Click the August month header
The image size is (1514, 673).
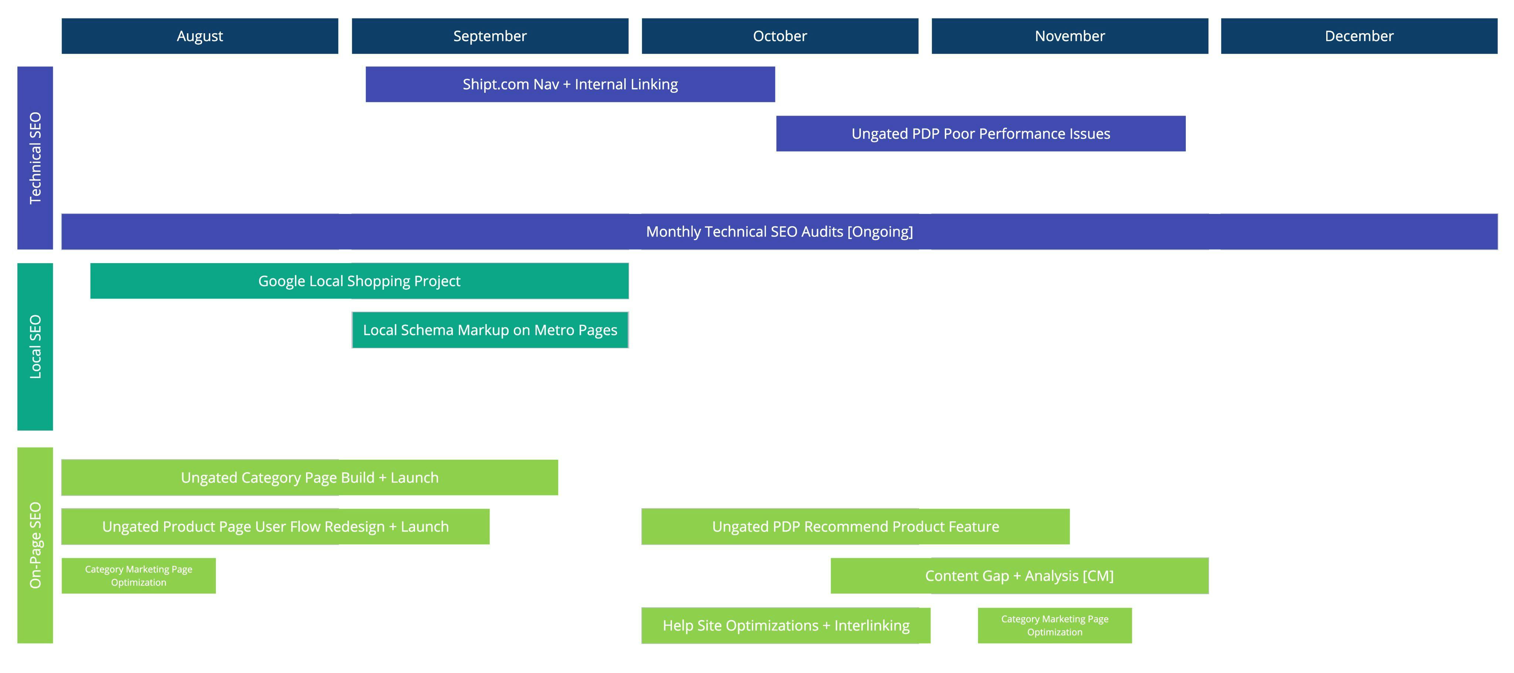coord(200,36)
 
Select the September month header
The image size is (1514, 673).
coord(490,36)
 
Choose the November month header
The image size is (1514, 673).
coord(1070,36)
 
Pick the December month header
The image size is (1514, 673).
coord(1359,36)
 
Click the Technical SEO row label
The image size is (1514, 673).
coord(35,157)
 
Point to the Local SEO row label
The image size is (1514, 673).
coord(35,346)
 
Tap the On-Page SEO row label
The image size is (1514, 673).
coord(35,545)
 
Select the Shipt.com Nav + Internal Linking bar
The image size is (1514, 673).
coord(570,84)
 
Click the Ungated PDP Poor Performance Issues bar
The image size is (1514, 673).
coord(980,133)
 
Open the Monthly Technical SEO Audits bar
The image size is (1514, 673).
coord(779,232)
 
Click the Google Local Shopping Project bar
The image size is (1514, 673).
coord(359,281)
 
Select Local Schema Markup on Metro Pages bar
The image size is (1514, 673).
coord(490,330)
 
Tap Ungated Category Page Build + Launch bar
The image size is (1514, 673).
coord(310,477)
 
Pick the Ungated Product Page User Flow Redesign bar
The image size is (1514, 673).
coord(275,527)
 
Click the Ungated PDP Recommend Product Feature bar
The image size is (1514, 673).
coord(855,527)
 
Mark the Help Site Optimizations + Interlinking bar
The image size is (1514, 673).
coord(786,625)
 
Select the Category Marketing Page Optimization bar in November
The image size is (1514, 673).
coord(1055,625)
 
